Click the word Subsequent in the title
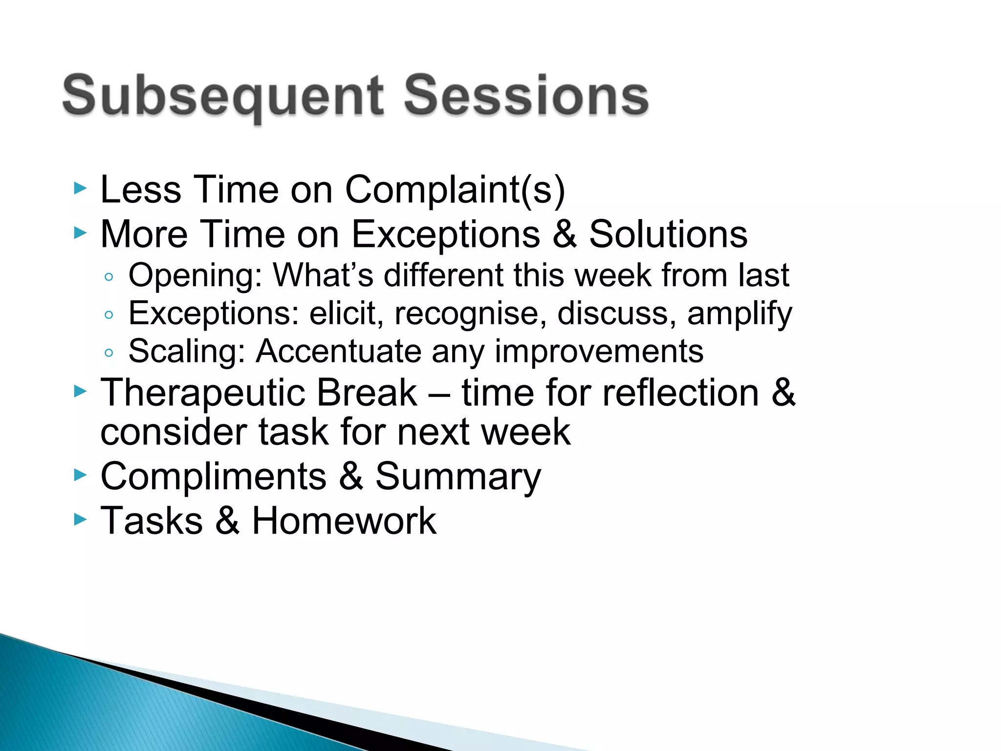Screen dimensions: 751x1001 point(222,96)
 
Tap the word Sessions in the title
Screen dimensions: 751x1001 point(526,96)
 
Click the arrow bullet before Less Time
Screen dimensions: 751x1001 point(80,188)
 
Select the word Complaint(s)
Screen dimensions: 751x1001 point(455,190)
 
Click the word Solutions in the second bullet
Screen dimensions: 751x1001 point(668,234)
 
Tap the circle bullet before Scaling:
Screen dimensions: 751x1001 point(109,353)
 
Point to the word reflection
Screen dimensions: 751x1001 point(680,393)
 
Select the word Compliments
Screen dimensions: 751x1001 point(213,477)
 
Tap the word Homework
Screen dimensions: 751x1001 point(344,521)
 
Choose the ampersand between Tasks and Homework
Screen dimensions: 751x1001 point(227,521)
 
